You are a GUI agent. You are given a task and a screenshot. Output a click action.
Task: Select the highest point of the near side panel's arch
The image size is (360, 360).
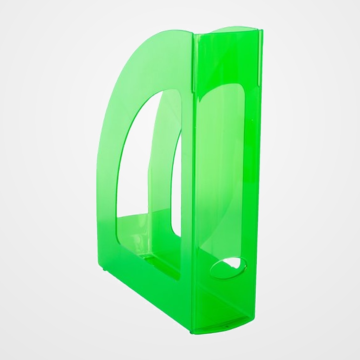(169, 32)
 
